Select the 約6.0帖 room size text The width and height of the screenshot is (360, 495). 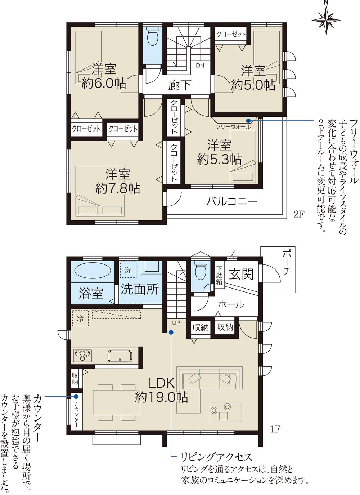104,84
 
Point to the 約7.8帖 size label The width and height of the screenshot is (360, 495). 117,188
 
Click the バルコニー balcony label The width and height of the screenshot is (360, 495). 231,201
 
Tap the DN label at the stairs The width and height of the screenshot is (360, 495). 200,66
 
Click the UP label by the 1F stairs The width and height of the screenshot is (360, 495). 176,322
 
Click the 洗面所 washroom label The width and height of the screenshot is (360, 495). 139,289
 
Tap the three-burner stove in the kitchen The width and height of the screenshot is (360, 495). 83,356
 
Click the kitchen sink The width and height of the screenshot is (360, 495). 120,356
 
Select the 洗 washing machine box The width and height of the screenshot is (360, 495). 128,270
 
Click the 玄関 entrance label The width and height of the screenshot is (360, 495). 242,275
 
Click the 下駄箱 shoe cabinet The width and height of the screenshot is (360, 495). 219,276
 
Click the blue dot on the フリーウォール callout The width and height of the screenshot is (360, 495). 248,120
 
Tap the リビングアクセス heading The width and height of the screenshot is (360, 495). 216,458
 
